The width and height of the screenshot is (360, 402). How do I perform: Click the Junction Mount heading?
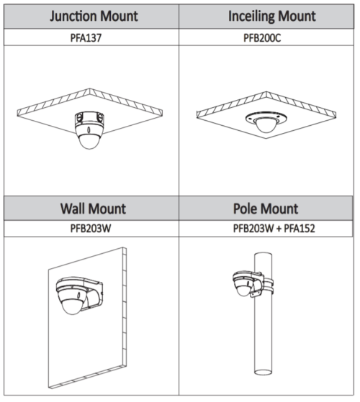(x=94, y=16)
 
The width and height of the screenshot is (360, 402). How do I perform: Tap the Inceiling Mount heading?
(x=272, y=17)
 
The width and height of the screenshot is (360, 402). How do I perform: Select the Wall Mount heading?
(x=93, y=209)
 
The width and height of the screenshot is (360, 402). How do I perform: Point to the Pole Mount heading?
(x=266, y=209)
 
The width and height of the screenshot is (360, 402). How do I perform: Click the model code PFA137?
(x=86, y=38)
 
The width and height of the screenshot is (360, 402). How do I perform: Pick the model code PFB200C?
(x=262, y=38)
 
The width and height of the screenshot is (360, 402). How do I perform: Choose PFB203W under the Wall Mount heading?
(x=91, y=229)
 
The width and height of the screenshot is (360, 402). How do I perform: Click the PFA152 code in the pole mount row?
(x=300, y=229)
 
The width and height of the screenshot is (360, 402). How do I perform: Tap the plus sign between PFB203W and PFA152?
(x=279, y=229)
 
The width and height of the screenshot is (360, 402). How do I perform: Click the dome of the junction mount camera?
(x=89, y=142)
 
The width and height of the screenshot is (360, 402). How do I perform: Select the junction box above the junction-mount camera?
(x=89, y=118)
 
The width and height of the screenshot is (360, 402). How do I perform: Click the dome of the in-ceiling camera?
(x=266, y=126)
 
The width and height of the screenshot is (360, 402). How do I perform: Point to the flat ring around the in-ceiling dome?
(x=266, y=118)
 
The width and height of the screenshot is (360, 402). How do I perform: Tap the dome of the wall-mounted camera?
(x=72, y=306)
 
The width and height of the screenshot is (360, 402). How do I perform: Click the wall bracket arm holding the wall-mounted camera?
(x=94, y=295)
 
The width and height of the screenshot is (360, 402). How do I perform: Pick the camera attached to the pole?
(x=243, y=284)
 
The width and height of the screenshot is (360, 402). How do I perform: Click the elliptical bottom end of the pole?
(x=263, y=372)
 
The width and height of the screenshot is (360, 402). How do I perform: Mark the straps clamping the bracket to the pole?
(x=269, y=286)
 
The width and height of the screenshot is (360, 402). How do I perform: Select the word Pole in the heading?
(x=245, y=209)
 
